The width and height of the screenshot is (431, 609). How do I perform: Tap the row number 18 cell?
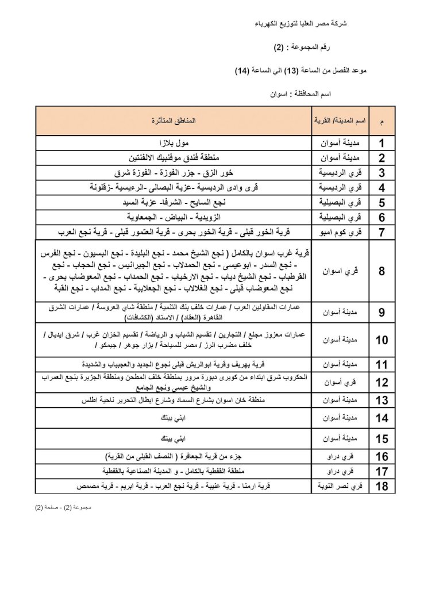(x=382, y=487)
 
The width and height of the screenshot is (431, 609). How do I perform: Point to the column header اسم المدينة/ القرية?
(x=338, y=121)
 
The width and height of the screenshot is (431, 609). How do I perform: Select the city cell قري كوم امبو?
(x=338, y=232)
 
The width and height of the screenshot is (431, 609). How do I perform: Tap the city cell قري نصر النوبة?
(x=338, y=487)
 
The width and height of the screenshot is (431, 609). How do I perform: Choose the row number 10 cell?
(x=382, y=340)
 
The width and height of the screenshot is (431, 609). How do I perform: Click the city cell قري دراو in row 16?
(x=338, y=457)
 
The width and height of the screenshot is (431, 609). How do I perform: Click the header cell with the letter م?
(x=382, y=121)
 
